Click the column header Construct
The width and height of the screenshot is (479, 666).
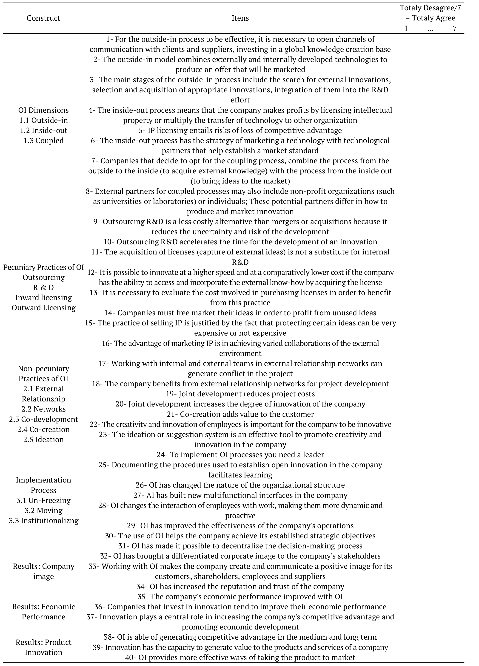coord(43,18)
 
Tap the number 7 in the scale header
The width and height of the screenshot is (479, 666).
coord(454,29)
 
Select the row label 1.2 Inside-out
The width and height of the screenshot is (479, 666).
coord(43,130)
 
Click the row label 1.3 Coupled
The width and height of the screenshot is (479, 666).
coord(43,140)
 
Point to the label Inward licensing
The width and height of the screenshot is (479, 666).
coord(43,297)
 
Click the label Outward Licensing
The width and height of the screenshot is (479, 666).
coord(43,308)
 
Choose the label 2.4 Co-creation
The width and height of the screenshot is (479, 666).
coord(43,429)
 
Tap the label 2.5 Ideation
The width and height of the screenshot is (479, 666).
coord(43,440)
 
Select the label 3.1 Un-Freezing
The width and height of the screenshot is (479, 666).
coord(43,500)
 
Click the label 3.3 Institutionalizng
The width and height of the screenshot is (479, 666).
coord(43,521)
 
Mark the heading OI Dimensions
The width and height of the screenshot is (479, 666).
coord(43,110)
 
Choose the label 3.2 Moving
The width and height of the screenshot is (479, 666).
coord(43,510)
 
